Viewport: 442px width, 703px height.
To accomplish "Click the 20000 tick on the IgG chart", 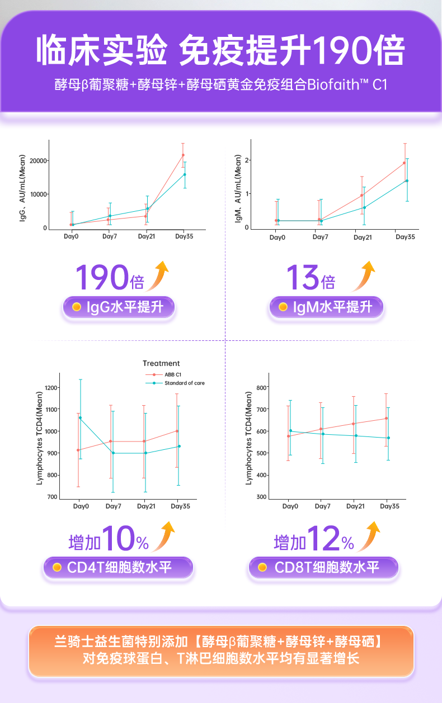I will [38, 161].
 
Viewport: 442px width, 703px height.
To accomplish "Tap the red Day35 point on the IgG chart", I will [183, 155].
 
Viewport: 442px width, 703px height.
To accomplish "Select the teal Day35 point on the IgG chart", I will [185, 174].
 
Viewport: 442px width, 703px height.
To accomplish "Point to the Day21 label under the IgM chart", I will [363, 237].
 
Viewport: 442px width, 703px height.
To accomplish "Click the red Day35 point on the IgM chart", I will [404, 163].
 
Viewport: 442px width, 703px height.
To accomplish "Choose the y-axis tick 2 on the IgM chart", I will [247, 160].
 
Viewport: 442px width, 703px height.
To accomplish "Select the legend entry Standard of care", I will [184, 383].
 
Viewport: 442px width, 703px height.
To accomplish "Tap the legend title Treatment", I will [161, 363].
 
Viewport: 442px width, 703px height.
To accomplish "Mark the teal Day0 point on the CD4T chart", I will [81, 417].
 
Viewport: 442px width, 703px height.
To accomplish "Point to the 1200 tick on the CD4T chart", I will [51, 387].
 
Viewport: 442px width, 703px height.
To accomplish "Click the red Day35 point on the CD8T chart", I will [386, 418].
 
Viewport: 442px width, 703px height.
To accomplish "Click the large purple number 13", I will [303, 277].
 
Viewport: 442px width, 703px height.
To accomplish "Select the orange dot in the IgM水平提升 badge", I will [283, 307].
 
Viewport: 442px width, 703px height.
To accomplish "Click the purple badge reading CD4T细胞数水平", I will [118, 568].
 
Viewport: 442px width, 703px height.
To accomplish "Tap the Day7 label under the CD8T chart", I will [322, 506].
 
